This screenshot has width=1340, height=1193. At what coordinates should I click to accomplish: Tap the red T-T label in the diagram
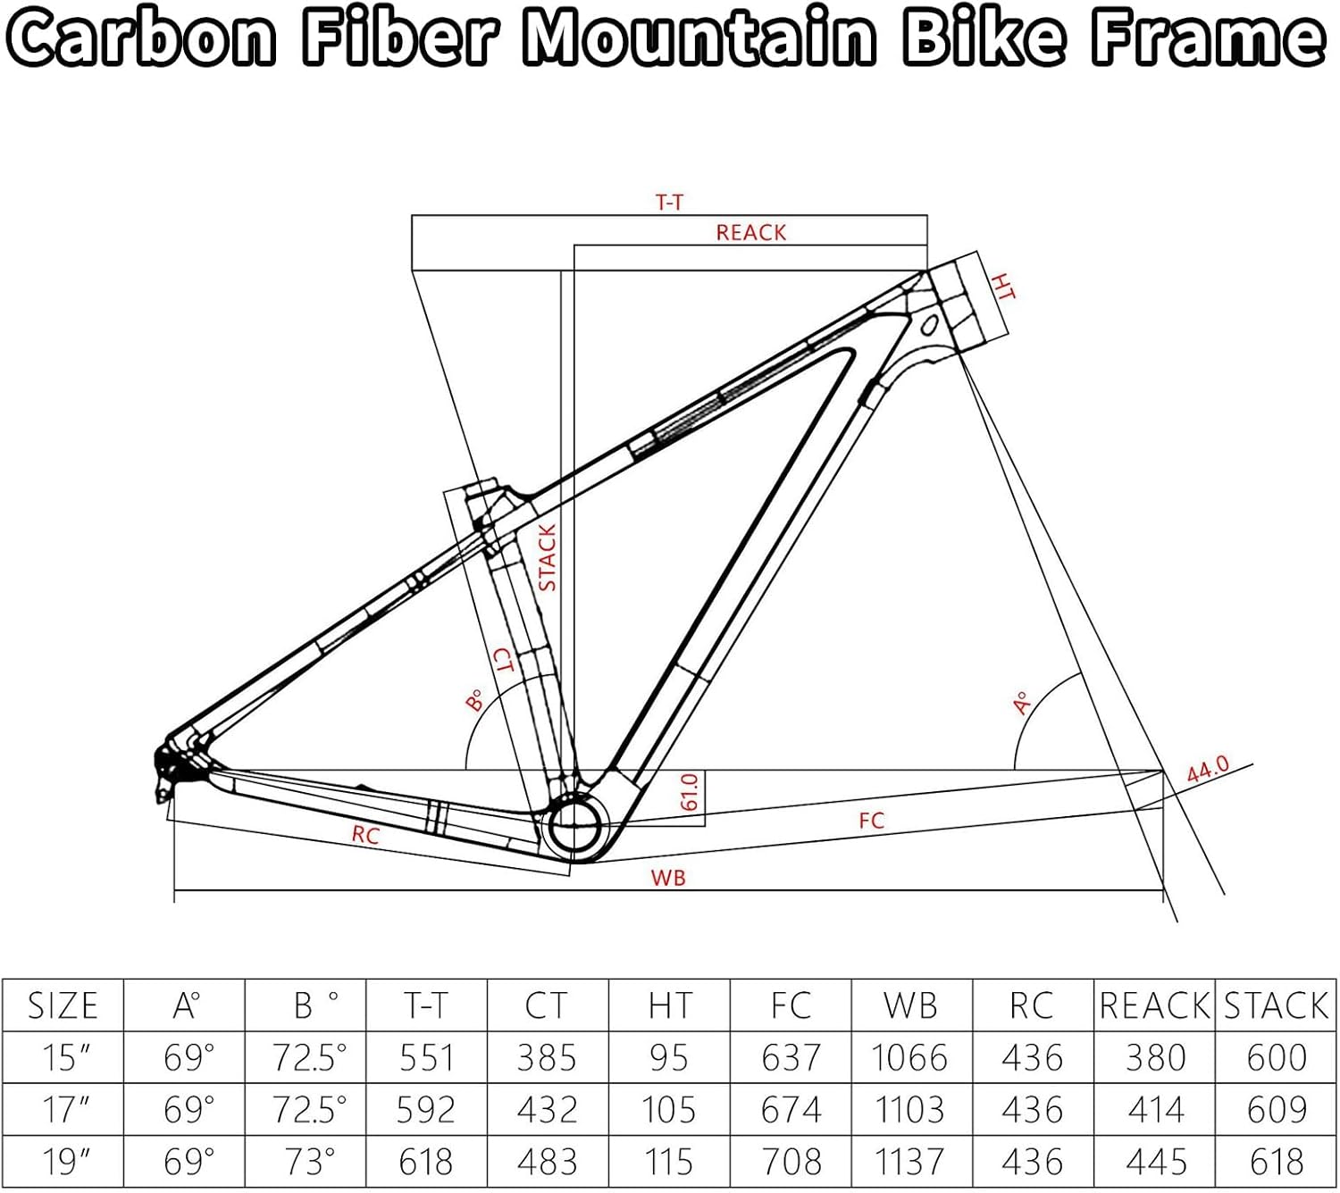(669, 203)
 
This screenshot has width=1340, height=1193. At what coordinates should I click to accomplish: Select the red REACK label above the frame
(750, 233)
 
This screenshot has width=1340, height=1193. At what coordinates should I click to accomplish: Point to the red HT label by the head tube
(1004, 287)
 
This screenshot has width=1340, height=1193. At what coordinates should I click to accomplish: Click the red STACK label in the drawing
(548, 557)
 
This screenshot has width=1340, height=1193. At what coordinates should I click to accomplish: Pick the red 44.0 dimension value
(1208, 769)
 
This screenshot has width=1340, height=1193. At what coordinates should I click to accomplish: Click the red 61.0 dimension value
(689, 792)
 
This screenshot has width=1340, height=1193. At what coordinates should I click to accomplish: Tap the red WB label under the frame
(668, 878)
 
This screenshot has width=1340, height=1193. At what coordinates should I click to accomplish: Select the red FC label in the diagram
(871, 821)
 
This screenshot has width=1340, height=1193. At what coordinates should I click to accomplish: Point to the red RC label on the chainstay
(365, 835)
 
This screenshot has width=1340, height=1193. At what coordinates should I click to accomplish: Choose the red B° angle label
(475, 700)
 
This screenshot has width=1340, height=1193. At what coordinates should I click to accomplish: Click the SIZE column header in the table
(63, 1005)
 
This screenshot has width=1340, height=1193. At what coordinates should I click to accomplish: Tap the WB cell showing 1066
(909, 1058)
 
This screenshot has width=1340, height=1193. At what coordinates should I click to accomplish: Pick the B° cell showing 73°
(308, 1162)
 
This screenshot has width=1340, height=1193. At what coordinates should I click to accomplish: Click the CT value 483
(547, 1162)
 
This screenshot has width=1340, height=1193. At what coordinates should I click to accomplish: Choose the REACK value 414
(1155, 1110)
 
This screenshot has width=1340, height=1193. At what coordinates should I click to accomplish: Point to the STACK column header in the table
(1276, 1005)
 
